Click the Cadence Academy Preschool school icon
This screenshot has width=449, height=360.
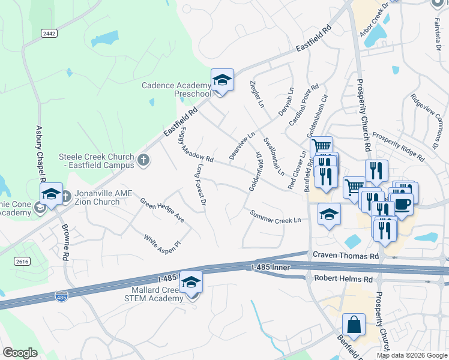(221, 80)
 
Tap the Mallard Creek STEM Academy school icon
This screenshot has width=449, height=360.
(191, 282)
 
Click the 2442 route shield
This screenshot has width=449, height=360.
(49, 33)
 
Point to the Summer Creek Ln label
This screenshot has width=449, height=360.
(276, 217)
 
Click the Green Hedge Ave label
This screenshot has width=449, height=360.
(162, 211)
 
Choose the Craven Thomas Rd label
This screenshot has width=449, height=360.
(346, 256)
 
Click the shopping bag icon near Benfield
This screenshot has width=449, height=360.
(354, 324)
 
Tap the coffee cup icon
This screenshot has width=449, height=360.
(402, 203)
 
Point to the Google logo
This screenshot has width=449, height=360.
(20, 353)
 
